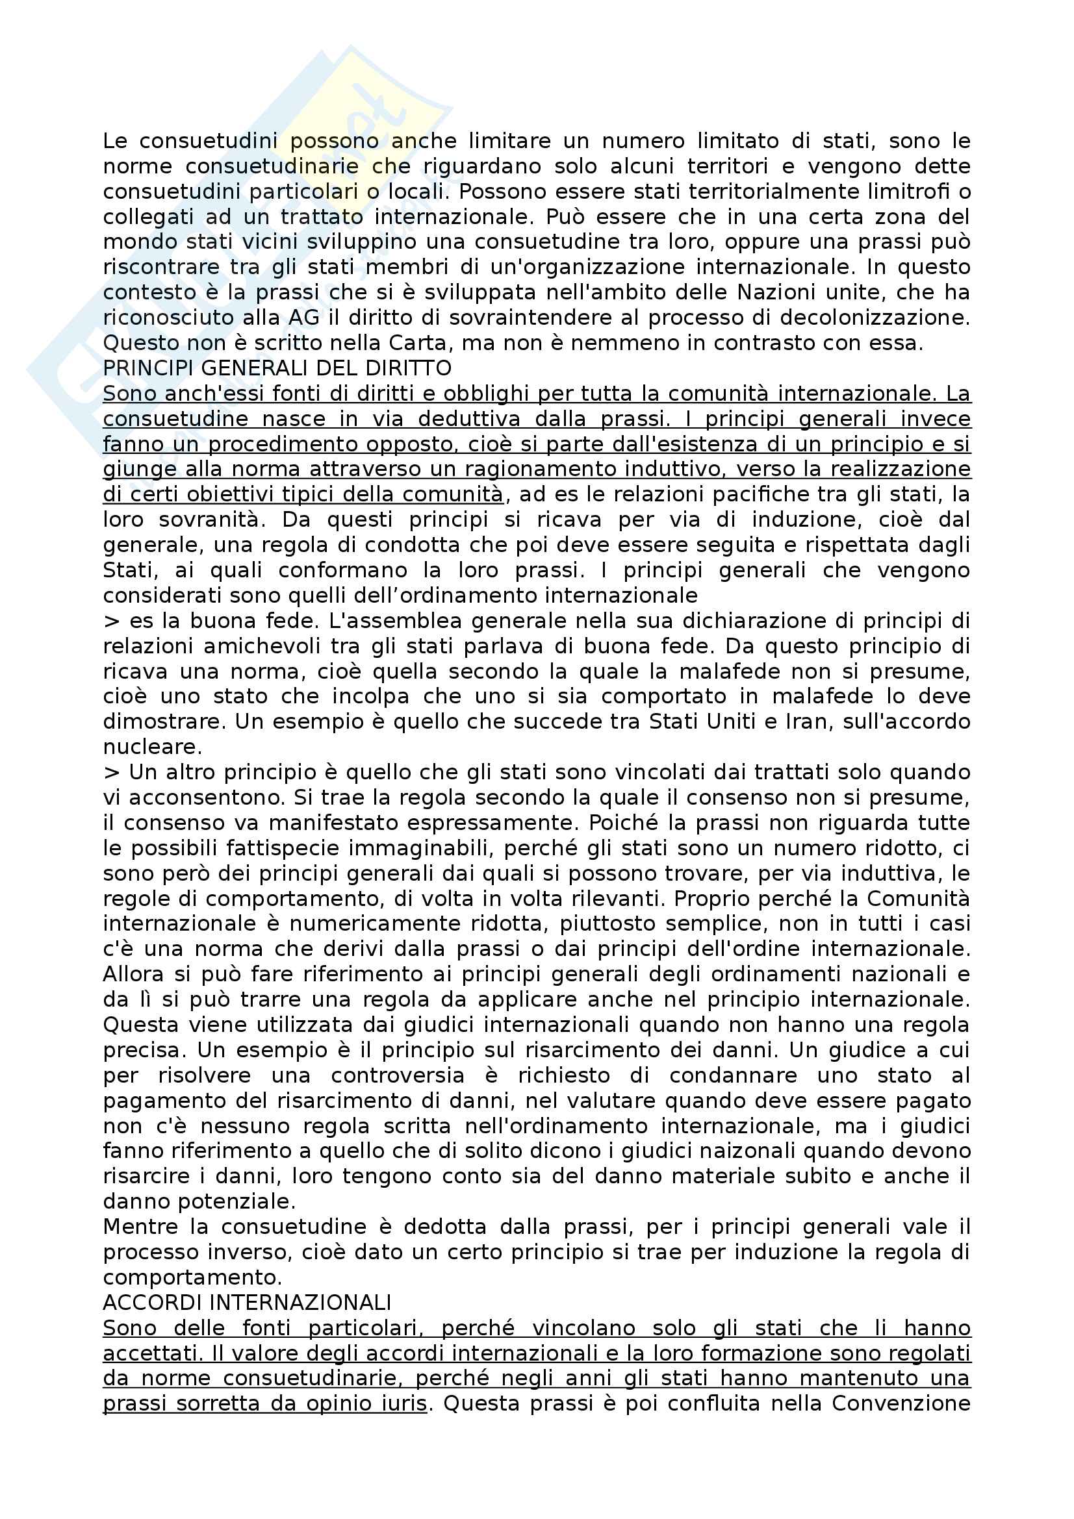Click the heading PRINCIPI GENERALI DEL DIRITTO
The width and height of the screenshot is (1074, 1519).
[x=277, y=368]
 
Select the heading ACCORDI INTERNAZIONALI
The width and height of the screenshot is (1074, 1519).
[x=247, y=1302]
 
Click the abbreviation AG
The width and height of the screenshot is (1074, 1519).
[x=303, y=318]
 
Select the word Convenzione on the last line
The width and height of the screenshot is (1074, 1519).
[x=901, y=1403]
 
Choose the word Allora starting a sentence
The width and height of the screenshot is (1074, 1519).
[x=134, y=974]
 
